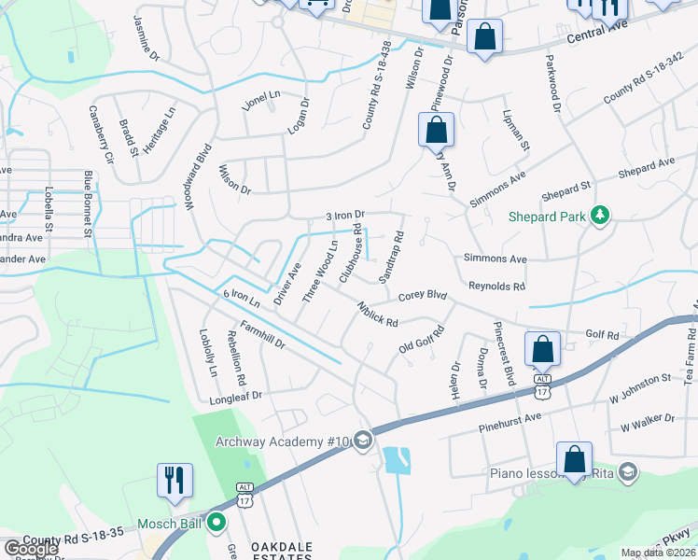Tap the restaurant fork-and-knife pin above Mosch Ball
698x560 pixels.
pyautogui.click(x=174, y=481)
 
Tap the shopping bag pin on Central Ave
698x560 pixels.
pyautogui.click(x=485, y=38)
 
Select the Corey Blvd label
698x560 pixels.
pyautogui.click(x=423, y=296)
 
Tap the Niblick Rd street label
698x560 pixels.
pyautogui.click(x=377, y=314)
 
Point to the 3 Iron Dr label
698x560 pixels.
pyautogui.click(x=344, y=216)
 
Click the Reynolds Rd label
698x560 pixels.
pyautogui.click(x=496, y=287)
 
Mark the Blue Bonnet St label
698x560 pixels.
pyautogui.click(x=89, y=202)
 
